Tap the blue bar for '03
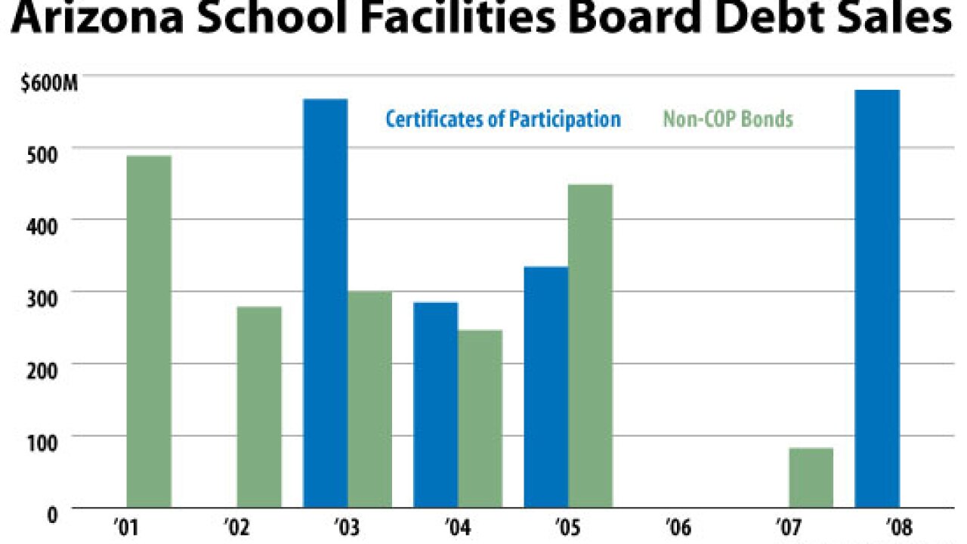326,303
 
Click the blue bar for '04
436,404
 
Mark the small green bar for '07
811,478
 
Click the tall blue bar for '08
877,298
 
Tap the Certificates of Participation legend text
503,119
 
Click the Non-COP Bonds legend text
728,119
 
